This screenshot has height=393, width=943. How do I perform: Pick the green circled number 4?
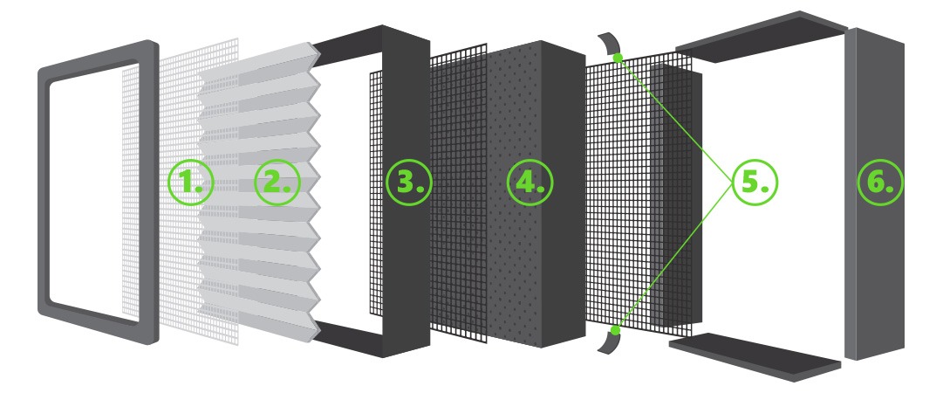pyautogui.click(x=530, y=182)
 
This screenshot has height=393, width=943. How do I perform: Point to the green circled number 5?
pyautogui.click(x=755, y=182)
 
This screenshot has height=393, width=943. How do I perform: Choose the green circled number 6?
pyautogui.click(x=880, y=182)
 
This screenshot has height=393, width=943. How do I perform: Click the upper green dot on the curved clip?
pyautogui.click(x=618, y=58)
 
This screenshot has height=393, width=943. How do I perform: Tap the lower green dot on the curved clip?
pyautogui.click(x=615, y=330)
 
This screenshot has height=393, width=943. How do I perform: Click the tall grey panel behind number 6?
pyautogui.click(x=874, y=193)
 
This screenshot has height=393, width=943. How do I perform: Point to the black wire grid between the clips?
pyautogui.click(x=639, y=193)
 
